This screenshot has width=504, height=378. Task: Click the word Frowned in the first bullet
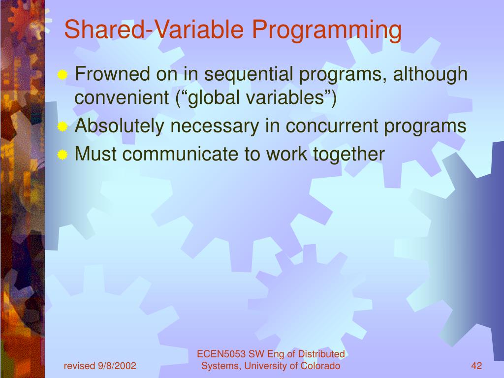click(x=113, y=73)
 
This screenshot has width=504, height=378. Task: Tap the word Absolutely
click(x=119, y=126)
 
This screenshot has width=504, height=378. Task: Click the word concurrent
click(x=332, y=126)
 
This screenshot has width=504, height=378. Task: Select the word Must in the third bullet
click(x=95, y=154)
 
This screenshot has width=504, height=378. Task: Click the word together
click(x=349, y=155)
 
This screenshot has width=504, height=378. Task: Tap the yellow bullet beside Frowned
click(x=63, y=75)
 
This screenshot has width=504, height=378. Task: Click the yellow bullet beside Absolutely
click(x=63, y=126)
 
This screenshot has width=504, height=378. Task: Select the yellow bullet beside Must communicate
click(x=63, y=155)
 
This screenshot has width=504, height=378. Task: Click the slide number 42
click(x=476, y=366)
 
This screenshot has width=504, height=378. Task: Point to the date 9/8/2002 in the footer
click(x=117, y=366)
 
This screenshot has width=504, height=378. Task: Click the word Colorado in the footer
click(x=320, y=366)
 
